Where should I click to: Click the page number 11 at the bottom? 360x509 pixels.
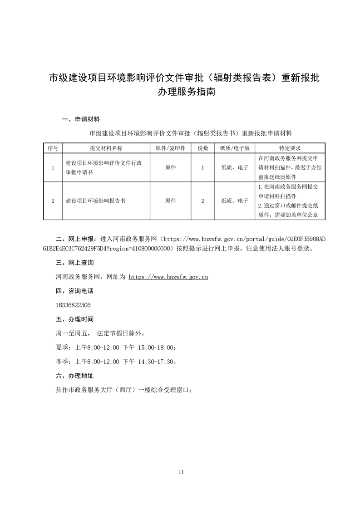click(x=181, y=472)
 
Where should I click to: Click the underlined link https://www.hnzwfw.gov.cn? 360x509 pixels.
click(x=168, y=276)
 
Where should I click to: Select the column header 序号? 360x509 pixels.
click(x=53, y=148)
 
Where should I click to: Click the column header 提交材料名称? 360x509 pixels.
click(x=106, y=148)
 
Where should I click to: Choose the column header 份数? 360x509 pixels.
click(x=203, y=148)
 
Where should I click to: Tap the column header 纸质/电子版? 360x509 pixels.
click(x=235, y=148)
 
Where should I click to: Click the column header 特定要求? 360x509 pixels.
click(x=290, y=148)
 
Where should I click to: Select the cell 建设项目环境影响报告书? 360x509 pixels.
click(x=96, y=201)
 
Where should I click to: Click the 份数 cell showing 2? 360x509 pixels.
click(x=203, y=201)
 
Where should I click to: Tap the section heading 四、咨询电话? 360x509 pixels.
click(x=74, y=291)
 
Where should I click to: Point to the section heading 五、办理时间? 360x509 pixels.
click(x=74, y=319)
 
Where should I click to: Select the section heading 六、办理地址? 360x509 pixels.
click(x=74, y=376)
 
